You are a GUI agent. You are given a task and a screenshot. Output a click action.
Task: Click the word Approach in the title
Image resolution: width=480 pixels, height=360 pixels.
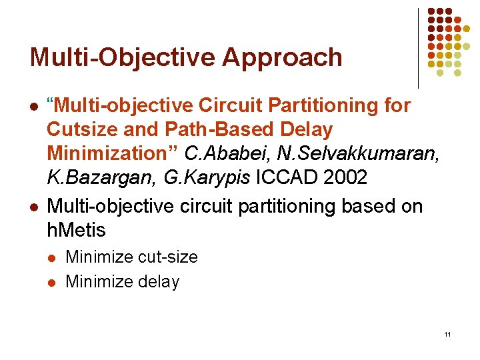coord(282,58)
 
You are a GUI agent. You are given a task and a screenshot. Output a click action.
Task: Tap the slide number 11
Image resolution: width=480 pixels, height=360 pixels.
coord(447,334)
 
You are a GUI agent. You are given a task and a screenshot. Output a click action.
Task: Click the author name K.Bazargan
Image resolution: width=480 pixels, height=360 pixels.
coord(91,177)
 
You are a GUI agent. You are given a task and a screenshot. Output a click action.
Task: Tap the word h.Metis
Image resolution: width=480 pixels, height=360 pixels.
coord(77,231)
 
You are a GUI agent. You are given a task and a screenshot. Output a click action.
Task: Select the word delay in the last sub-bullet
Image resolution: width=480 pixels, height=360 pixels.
coord(159,282)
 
